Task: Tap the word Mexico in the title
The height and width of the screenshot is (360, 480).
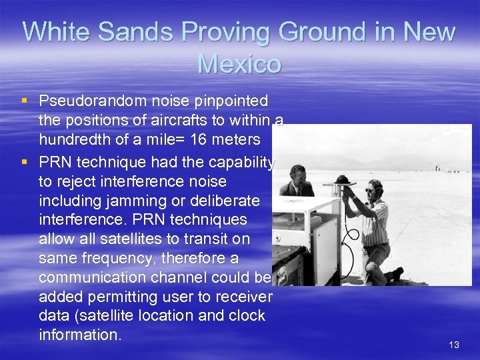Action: [239, 64]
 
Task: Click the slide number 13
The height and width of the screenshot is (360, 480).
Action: [454, 345]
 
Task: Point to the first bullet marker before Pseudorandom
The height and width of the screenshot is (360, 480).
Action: [25, 101]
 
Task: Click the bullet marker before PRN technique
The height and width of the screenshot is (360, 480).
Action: [25, 161]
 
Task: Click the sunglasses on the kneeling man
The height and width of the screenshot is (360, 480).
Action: [371, 190]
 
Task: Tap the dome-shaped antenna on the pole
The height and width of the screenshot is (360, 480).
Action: [344, 180]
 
